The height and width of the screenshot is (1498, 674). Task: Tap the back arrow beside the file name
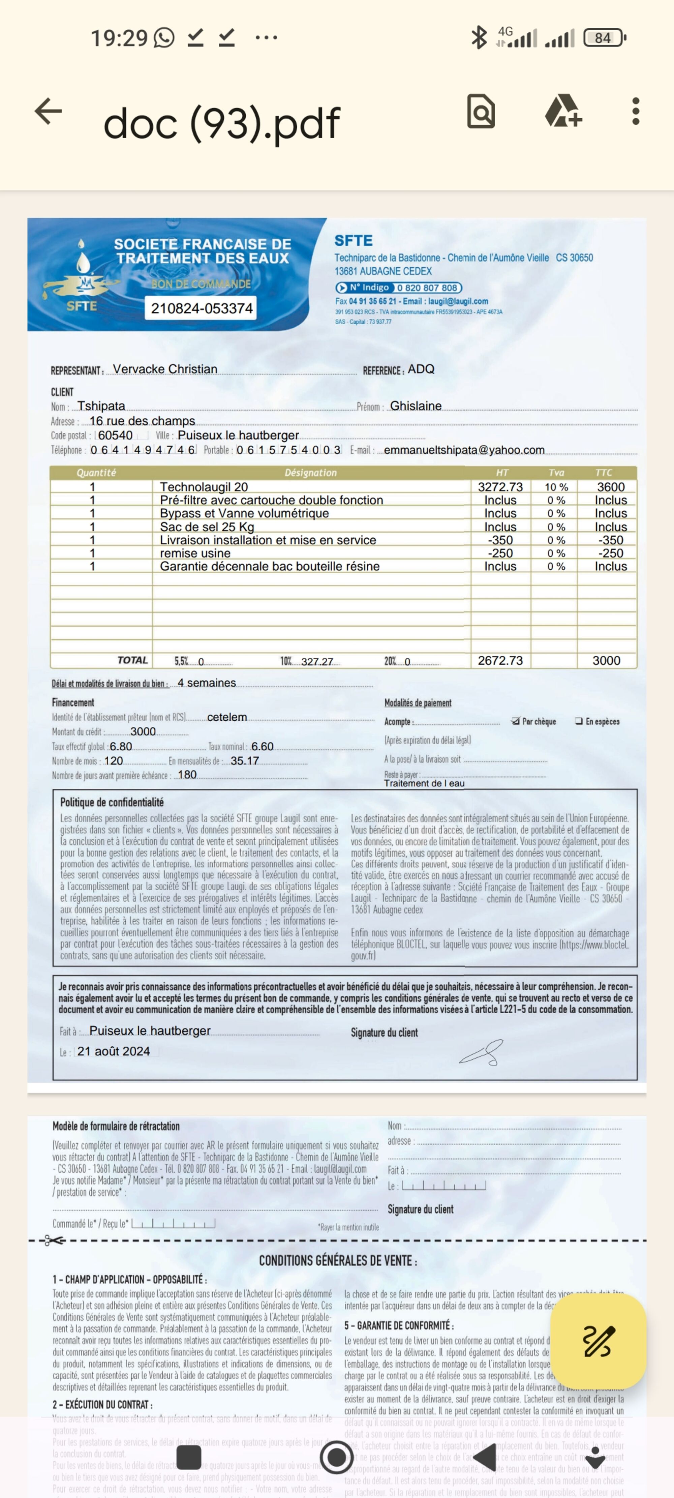(48, 111)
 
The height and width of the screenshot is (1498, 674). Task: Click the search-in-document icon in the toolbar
(481, 111)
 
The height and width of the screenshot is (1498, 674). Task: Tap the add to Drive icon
(563, 111)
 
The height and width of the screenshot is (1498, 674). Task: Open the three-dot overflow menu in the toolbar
(636, 111)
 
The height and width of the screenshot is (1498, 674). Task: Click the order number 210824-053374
(202, 308)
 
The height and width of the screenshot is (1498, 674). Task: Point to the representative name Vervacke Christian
(165, 369)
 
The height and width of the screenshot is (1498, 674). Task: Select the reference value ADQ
(421, 369)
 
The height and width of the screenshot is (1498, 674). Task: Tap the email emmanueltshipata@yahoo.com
(464, 450)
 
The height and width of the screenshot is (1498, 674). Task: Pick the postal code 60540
(115, 435)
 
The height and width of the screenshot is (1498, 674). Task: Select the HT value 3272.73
(500, 487)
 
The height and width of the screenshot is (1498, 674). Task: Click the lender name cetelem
(227, 717)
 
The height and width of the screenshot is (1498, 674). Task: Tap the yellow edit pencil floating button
(598, 1341)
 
